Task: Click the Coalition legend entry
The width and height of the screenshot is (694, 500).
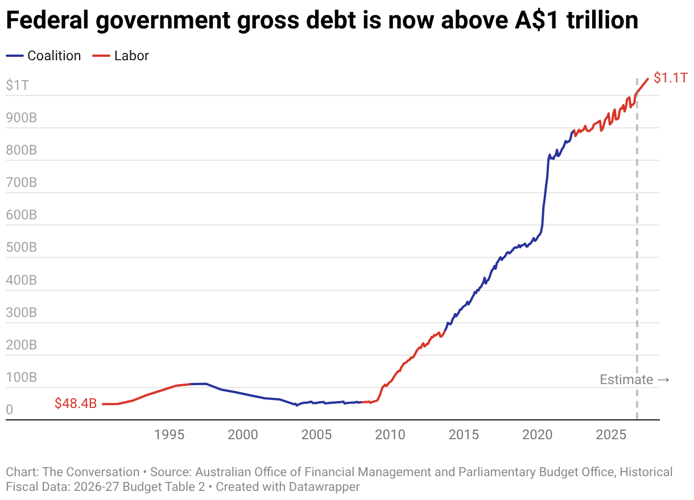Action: tap(43, 56)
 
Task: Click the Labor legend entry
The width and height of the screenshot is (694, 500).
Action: tap(121, 56)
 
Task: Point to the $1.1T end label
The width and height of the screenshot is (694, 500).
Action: tap(670, 78)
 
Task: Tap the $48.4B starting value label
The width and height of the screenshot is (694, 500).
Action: tap(76, 403)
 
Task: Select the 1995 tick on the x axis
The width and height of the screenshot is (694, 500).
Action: tap(169, 435)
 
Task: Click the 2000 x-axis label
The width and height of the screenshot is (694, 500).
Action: tap(243, 435)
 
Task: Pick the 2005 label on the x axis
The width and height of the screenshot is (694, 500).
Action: tap(316, 435)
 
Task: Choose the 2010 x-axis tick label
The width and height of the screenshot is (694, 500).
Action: tap(390, 435)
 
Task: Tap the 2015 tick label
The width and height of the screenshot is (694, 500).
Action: tap(464, 435)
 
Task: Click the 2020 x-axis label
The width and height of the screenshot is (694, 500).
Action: tap(537, 435)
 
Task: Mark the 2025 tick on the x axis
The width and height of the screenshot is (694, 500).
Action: tap(611, 435)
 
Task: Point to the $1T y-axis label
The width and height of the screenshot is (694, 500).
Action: tap(17, 85)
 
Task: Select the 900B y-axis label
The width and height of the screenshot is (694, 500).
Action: tap(22, 118)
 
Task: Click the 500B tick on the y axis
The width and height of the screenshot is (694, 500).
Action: tap(22, 247)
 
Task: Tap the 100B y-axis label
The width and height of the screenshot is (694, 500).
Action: tap(22, 377)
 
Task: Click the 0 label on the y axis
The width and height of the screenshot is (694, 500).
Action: tap(10, 410)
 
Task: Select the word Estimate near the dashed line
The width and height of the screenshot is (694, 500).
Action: tap(626, 380)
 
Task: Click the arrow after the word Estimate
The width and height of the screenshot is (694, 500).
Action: tap(663, 380)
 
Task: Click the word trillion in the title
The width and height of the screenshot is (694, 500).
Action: tap(602, 20)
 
